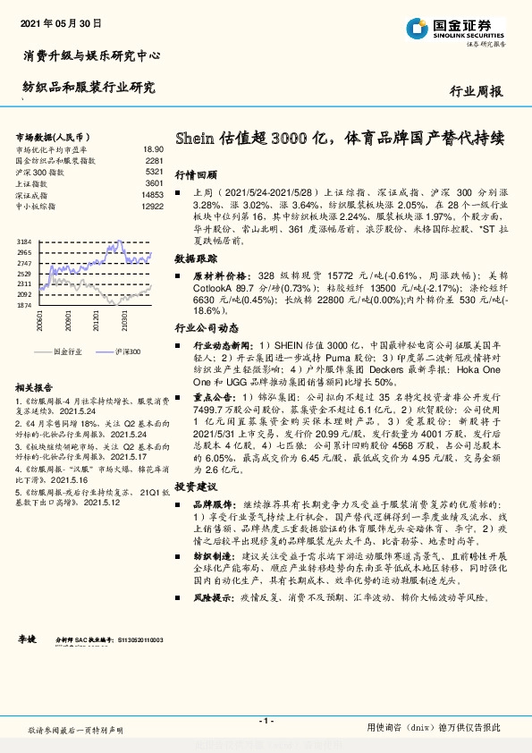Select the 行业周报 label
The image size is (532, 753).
pyautogui.click(x=475, y=91)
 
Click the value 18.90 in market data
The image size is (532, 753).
pyautogui.click(x=153, y=149)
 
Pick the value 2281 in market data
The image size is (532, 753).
pyautogui.click(x=154, y=160)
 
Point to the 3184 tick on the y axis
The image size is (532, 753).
pyautogui.click(x=24, y=242)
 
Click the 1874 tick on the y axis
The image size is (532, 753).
pyautogui.click(x=24, y=305)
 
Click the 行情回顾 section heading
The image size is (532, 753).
pyautogui.click(x=196, y=175)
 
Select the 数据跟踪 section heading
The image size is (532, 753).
pyautogui.click(x=196, y=258)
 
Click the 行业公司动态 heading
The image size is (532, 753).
pyautogui.click(x=203, y=328)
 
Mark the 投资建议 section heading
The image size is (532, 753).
pyautogui.click(x=196, y=486)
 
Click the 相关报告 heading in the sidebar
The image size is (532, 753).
pyautogui.click(x=37, y=387)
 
